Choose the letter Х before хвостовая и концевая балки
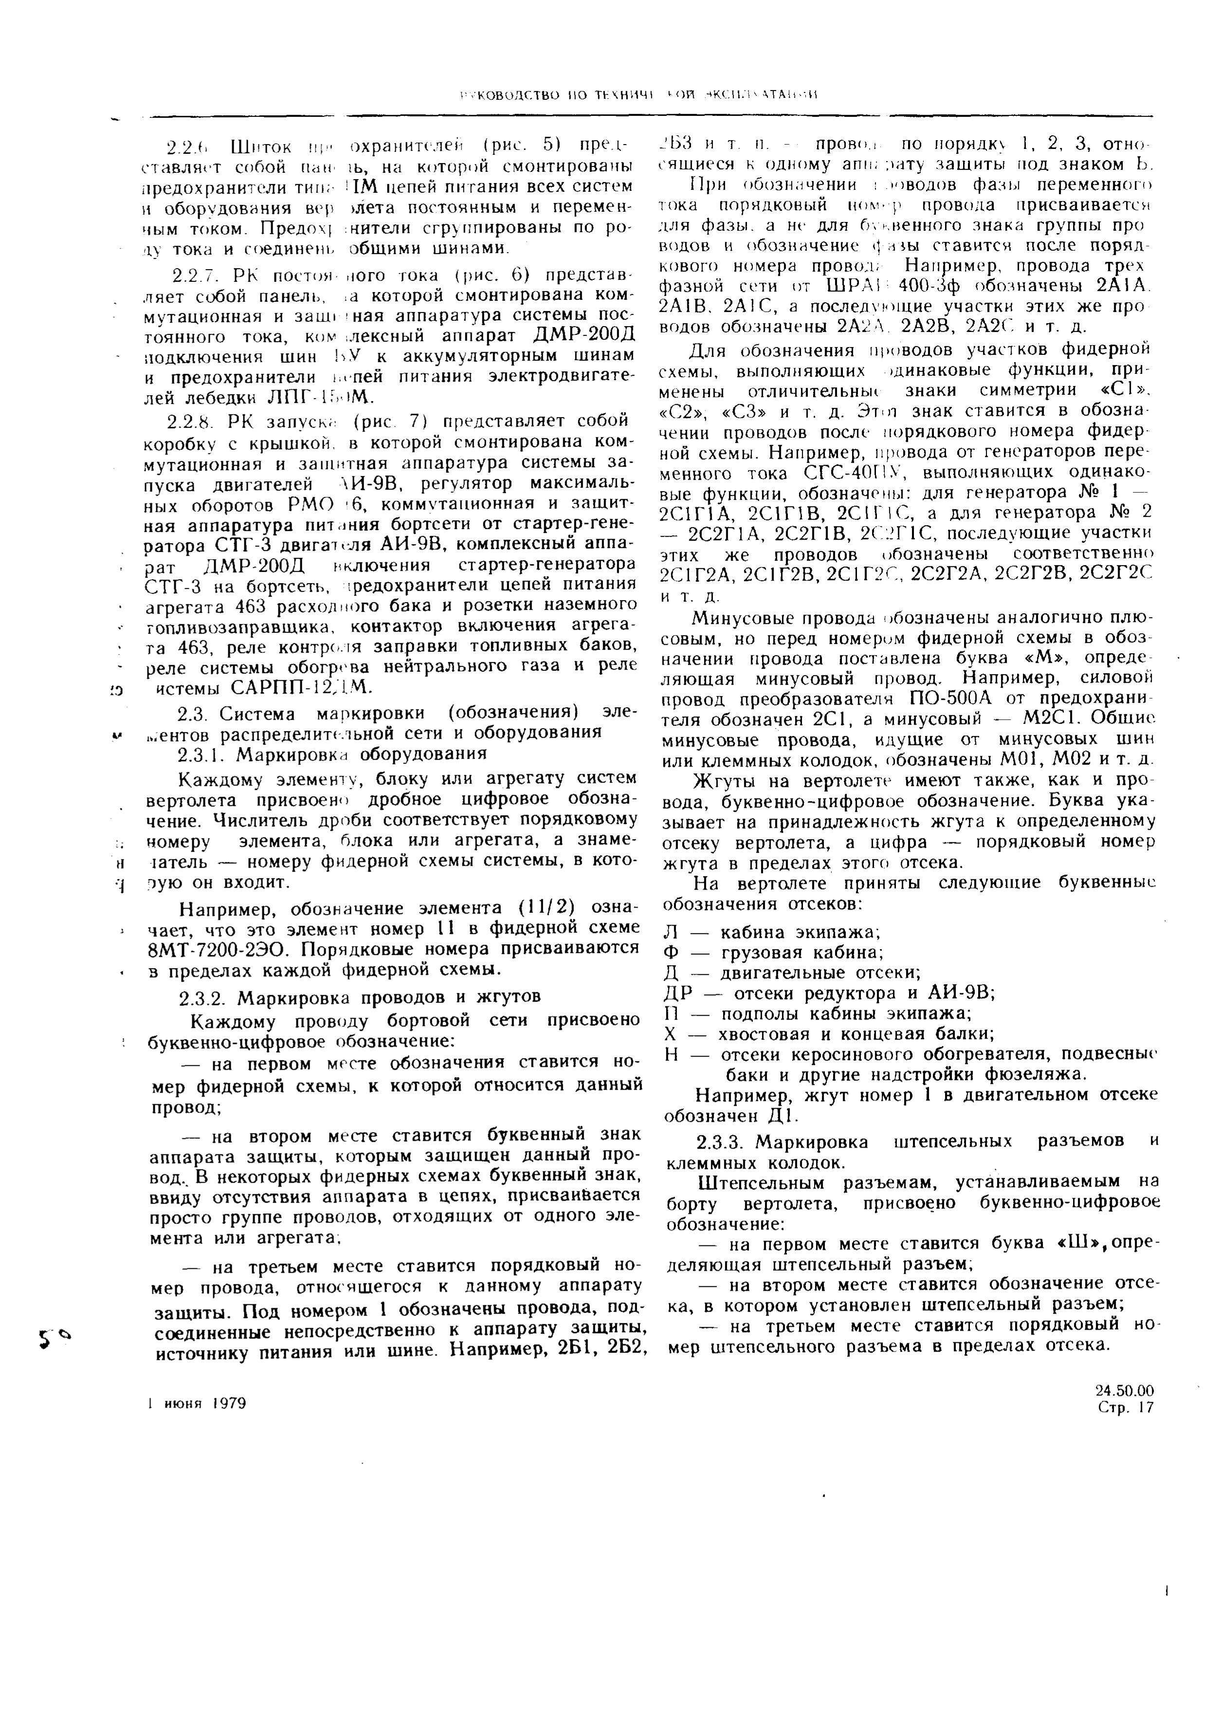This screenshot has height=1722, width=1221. (672, 1034)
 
